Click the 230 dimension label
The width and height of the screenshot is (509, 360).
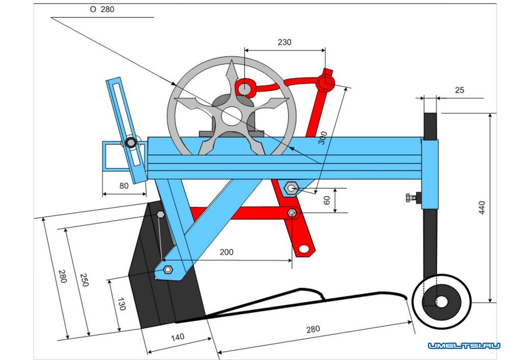click(284, 43)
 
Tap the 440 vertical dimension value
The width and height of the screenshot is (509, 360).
click(482, 207)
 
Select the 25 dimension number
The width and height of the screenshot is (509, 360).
click(459, 90)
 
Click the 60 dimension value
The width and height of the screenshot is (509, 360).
click(327, 201)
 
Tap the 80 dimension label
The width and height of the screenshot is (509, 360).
click(124, 186)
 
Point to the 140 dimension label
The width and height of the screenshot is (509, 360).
click(177, 337)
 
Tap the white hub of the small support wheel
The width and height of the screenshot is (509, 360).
click(442, 302)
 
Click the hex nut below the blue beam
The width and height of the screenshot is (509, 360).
click(291, 188)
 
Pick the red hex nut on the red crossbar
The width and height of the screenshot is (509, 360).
click(292, 213)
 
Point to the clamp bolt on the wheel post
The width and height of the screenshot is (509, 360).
click(411, 198)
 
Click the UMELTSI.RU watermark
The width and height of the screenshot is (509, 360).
click(464, 346)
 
